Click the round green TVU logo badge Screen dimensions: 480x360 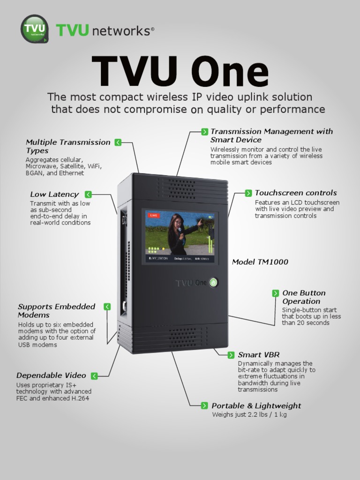[34, 29]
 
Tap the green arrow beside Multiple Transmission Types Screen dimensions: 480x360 [118, 142]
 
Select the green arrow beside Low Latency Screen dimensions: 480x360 [89, 195]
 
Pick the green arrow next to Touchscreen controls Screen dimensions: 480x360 [248, 193]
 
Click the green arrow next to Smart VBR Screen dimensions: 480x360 [231, 355]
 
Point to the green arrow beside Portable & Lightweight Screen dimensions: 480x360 [205, 405]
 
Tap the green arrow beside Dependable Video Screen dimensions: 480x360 [94, 375]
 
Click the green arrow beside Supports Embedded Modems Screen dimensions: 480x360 [107, 307]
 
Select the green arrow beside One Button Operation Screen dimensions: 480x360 [276, 293]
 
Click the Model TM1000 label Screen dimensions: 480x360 [260, 262]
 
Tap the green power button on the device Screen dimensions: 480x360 [213, 283]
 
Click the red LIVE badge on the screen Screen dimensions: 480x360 [153, 215]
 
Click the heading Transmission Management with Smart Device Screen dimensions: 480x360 [271, 135]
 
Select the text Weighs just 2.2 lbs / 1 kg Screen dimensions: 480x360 [249, 415]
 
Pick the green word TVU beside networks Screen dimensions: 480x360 [72, 30]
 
